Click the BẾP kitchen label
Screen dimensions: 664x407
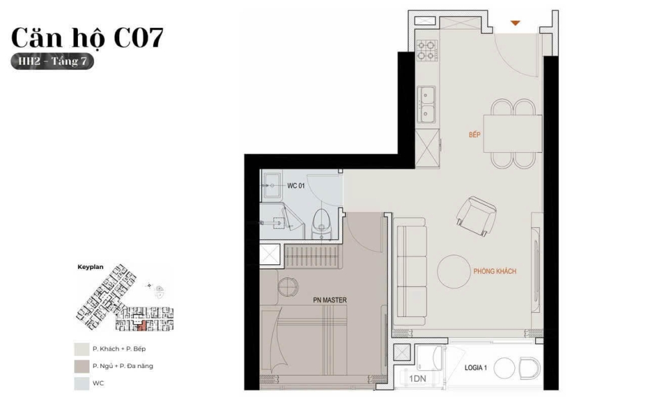click(474, 135)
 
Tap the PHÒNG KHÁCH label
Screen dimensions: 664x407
click(495, 271)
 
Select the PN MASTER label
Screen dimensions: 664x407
click(330, 300)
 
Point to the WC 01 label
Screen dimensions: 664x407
click(296, 186)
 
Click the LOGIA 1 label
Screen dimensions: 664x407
click(475, 367)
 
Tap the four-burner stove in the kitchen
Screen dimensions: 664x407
click(427, 51)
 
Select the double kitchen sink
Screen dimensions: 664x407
click(426, 104)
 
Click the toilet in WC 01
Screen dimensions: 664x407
click(322, 223)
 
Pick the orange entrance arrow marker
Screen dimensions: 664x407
click(515, 23)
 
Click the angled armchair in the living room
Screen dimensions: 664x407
click(477, 216)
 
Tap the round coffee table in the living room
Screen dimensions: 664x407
click(453, 271)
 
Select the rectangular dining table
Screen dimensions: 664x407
click(512, 134)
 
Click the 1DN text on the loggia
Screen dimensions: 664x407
click(418, 378)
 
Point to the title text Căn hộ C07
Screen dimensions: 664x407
click(88, 38)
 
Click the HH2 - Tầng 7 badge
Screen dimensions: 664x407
click(52, 62)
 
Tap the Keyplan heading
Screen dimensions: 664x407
click(90, 267)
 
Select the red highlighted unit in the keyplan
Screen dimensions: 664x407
click(142, 325)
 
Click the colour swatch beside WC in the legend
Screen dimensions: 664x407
click(81, 383)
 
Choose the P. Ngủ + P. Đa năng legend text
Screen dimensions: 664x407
click(123, 366)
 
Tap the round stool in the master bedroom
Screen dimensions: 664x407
click(288, 286)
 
